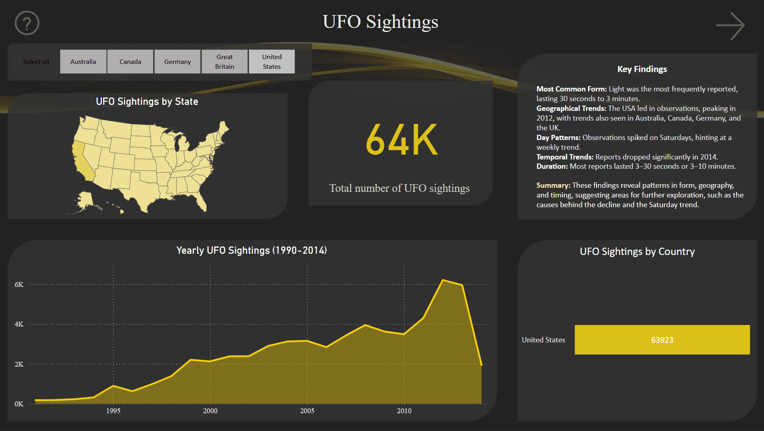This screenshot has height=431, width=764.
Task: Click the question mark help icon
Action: click(27, 23)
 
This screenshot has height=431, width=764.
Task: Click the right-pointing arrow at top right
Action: click(730, 25)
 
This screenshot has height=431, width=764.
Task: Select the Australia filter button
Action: click(83, 62)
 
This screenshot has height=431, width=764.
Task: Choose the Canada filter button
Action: click(130, 62)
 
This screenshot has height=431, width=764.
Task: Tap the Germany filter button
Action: click(177, 62)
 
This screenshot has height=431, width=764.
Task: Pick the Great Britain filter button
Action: click(225, 62)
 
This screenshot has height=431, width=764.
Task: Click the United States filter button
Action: click(272, 62)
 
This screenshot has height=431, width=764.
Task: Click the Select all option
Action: click(36, 62)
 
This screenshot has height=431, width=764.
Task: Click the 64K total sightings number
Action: click(401, 140)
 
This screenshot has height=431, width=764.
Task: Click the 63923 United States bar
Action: click(662, 340)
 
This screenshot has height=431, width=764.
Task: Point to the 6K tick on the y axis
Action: click(19, 285)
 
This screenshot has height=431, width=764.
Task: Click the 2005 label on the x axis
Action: click(307, 411)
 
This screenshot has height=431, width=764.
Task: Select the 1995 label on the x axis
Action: click(113, 411)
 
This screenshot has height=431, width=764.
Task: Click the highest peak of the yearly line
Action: click(443, 280)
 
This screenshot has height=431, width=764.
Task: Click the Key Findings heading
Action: click(642, 69)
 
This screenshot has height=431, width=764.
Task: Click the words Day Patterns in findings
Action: click(558, 138)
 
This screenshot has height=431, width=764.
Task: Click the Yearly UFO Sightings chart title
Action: click(251, 251)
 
